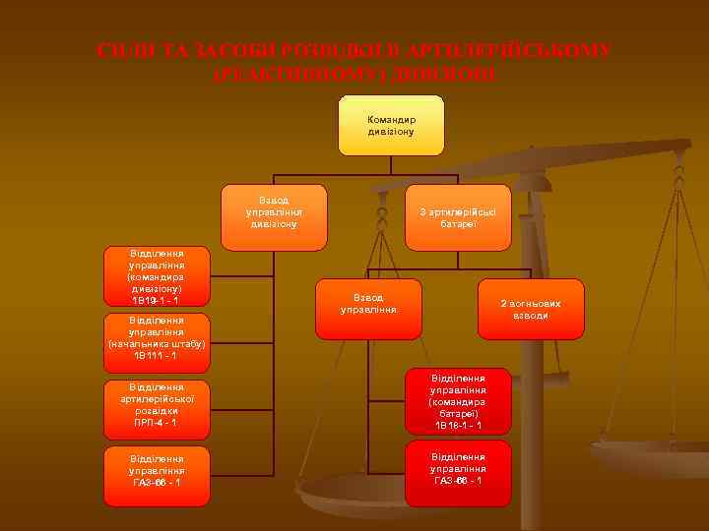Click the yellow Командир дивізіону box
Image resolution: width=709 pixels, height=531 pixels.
(391, 125)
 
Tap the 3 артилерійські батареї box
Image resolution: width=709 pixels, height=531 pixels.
(459, 216)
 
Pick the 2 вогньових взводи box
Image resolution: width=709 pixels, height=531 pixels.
(531, 309)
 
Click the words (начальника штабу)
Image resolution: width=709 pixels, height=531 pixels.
(157, 343)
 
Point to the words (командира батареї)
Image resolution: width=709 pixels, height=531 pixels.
(459, 407)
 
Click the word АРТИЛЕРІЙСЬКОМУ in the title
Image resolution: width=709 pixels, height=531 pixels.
(523, 51)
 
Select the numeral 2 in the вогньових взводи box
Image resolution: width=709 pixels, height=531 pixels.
(503, 304)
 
